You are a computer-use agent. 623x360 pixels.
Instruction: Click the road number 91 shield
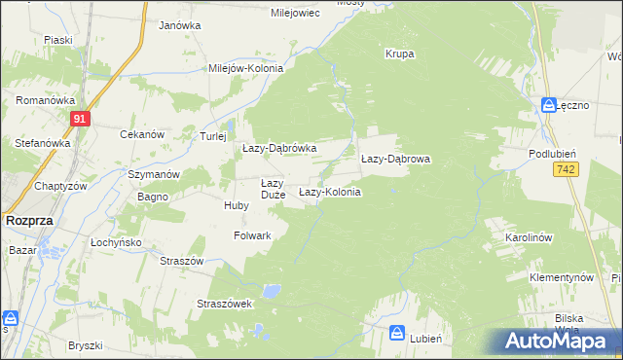80,119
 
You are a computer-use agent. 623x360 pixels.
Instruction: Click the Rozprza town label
28,221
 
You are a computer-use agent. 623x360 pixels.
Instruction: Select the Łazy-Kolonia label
329,192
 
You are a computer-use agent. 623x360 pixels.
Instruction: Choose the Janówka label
179,25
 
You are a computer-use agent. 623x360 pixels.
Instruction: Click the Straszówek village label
225,304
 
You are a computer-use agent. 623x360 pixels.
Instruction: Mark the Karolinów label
529,237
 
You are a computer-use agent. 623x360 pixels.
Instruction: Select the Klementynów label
562,277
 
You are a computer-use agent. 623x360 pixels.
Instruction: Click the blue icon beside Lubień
398,334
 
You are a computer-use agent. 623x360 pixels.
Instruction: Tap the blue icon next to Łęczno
550,106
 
